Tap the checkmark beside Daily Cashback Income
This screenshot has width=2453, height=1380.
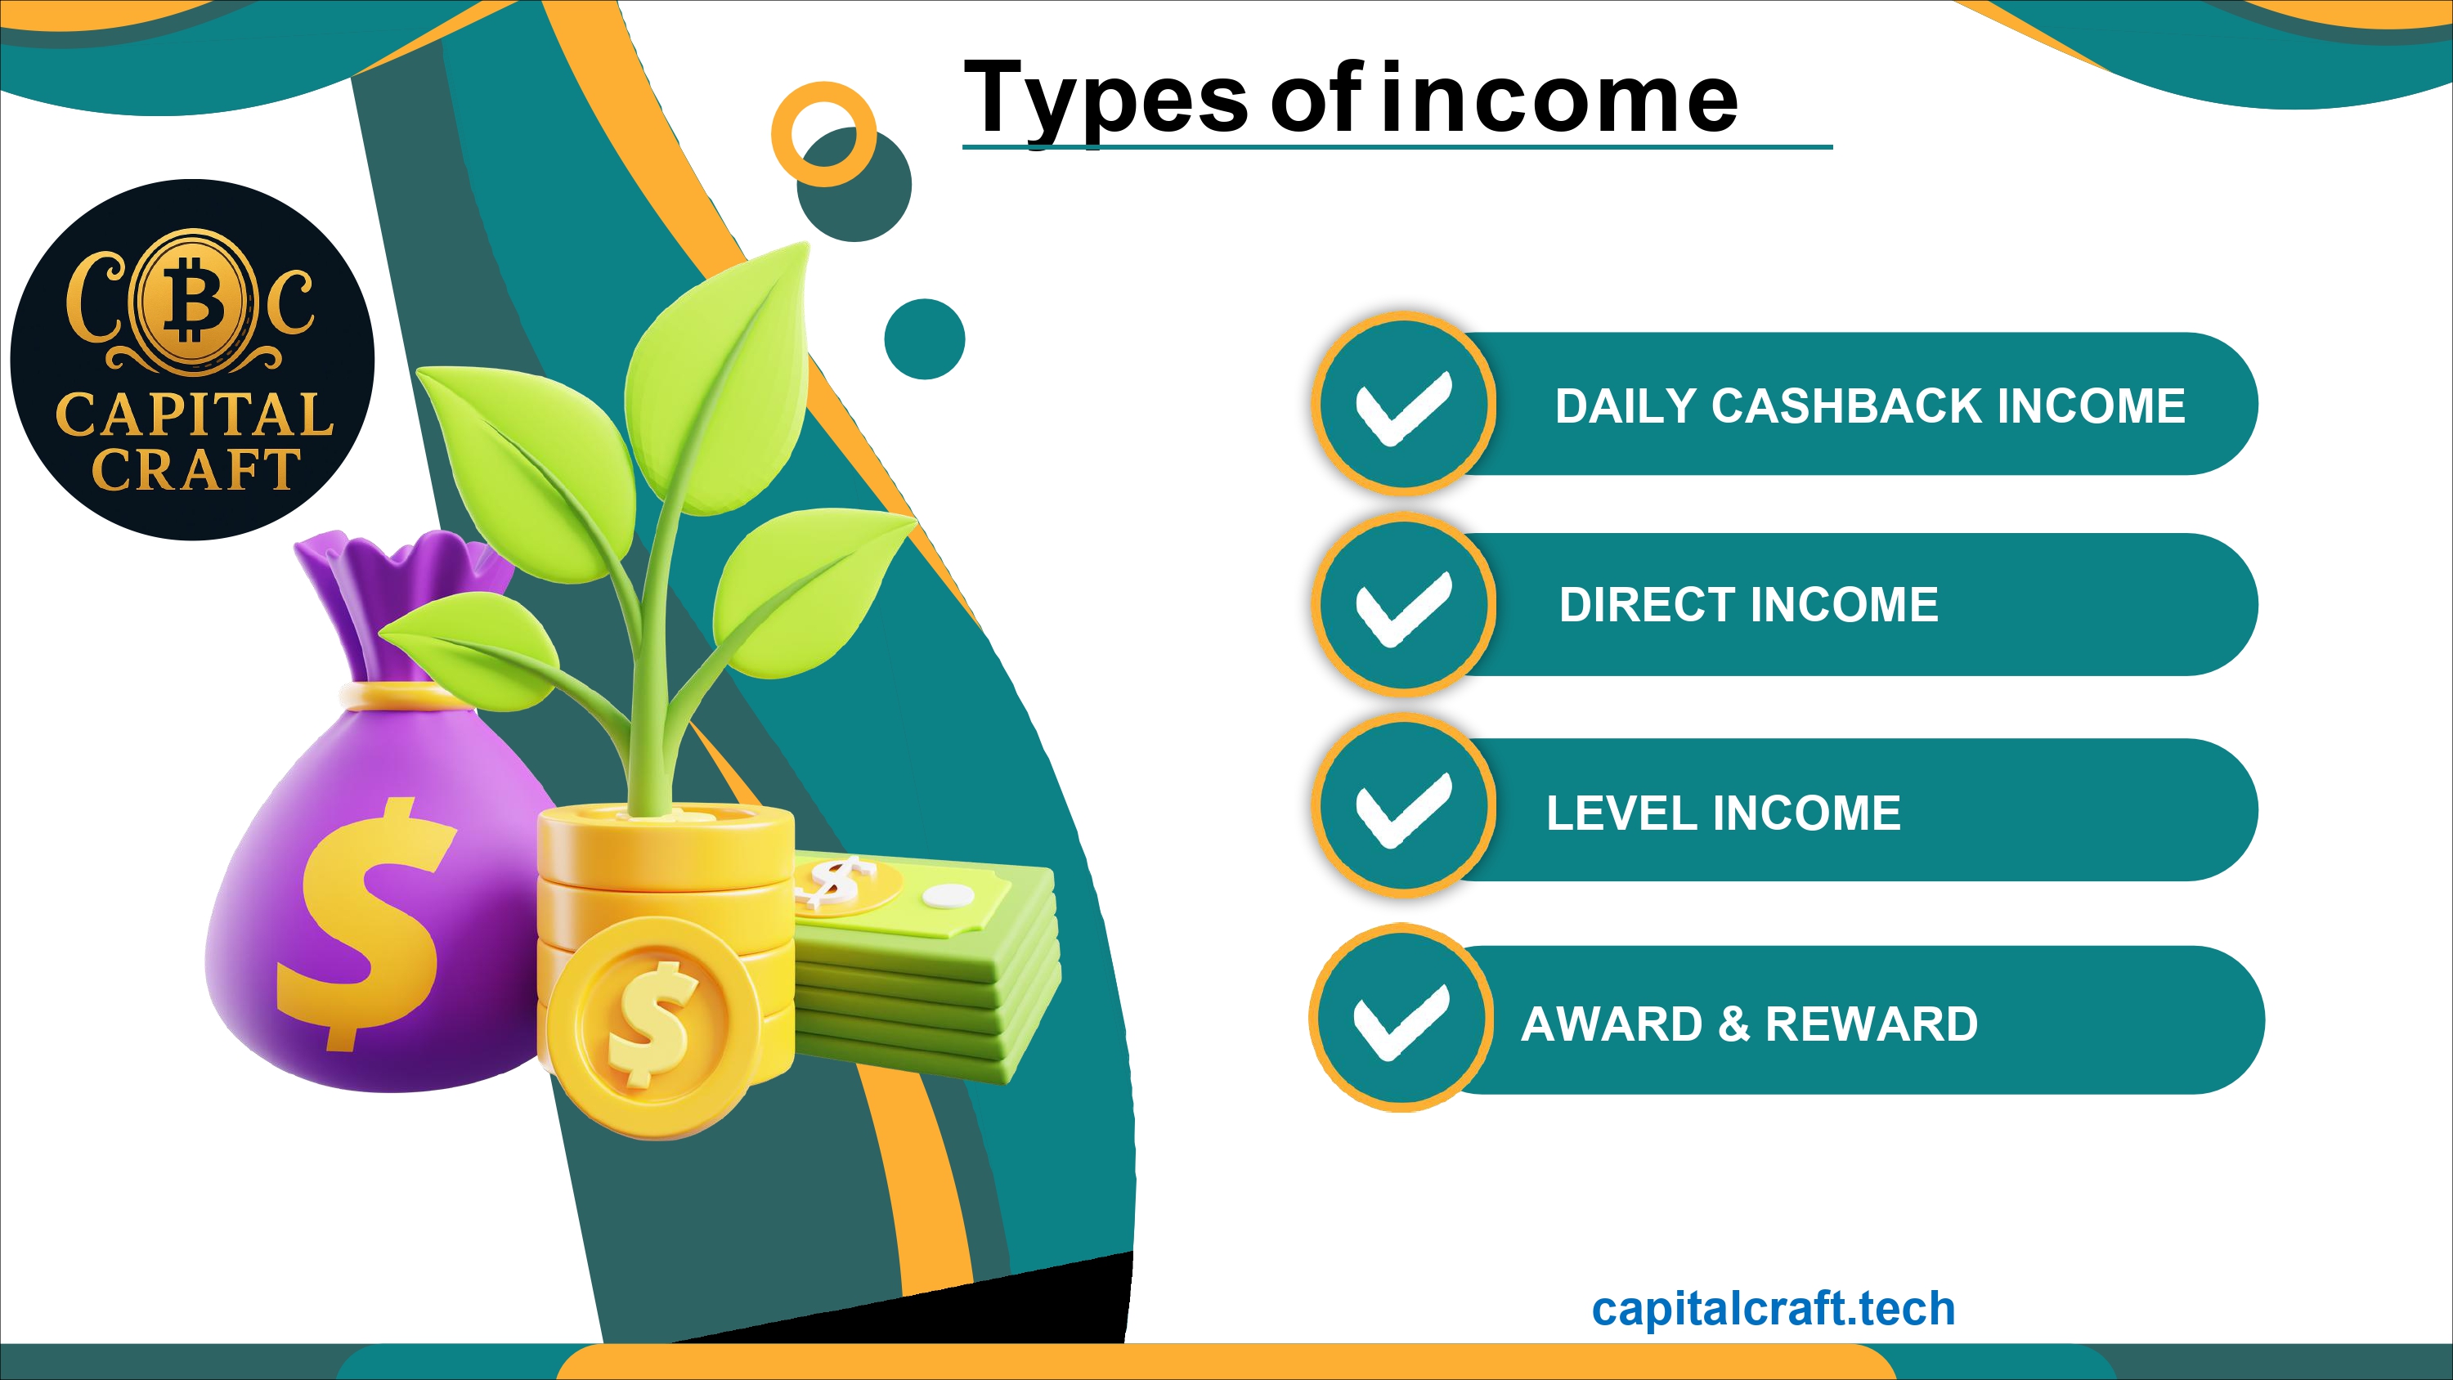click(x=1404, y=408)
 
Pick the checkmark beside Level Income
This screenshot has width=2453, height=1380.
click(x=1404, y=809)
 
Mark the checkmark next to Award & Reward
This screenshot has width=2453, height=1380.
click(x=1401, y=1022)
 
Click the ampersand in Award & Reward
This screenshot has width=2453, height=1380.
click(x=1734, y=1024)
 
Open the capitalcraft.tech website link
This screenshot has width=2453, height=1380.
click(x=1773, y=1310)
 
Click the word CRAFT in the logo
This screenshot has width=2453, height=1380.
click(x=196, y=468)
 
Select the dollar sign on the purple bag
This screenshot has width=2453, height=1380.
click(x=366, y=924)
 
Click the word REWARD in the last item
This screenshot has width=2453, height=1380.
click(x=1871, y=1024)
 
